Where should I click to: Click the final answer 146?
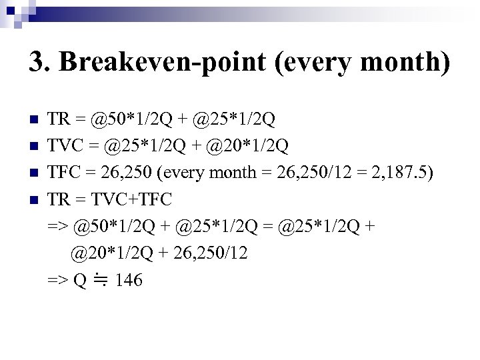(129, 281)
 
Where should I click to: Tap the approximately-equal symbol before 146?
(101, 281)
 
